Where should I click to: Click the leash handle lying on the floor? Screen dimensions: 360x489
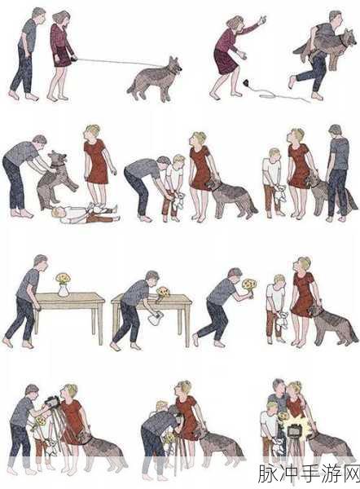[247, 82]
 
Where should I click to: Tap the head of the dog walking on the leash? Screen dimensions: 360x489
[175, 64]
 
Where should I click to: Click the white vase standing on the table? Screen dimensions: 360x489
[64, 289]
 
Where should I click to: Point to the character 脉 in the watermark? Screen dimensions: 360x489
[268, 474]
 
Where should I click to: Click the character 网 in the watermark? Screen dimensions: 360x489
[349, 474]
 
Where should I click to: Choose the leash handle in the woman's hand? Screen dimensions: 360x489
[74, 58]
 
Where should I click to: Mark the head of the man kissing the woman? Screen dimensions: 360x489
[279, 386]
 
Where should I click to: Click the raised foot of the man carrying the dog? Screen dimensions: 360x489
[292, 82]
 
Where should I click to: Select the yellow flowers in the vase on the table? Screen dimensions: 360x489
[64, 278]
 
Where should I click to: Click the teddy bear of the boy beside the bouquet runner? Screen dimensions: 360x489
[280, 322]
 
